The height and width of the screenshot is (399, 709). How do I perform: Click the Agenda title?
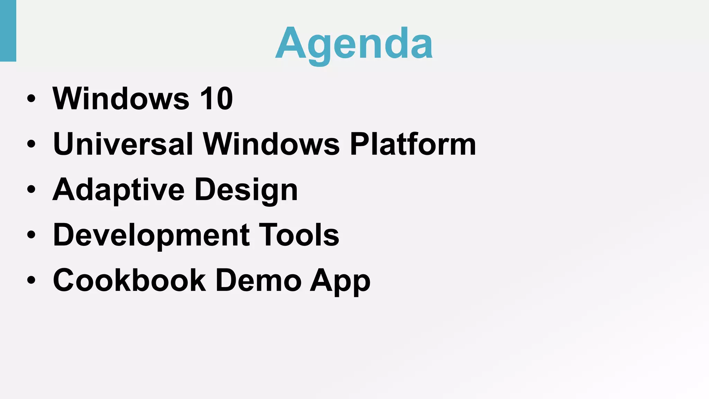tap(354, 44)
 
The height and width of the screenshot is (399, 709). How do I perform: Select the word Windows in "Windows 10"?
tap(121, 99)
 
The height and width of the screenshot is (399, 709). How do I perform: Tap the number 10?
tap(216, 99)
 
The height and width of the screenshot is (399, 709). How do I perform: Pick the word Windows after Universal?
tap(271, 144)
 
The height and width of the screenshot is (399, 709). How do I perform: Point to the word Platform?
tap(413, 144)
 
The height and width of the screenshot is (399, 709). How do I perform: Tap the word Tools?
tap(299, 235)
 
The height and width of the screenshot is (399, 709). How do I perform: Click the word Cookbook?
tap(129, 280)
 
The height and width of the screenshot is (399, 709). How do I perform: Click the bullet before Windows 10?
tap(31, 99)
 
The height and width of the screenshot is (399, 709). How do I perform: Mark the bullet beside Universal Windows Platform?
tap(31, 144)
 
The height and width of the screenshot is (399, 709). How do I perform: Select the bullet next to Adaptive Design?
tap(31, 189)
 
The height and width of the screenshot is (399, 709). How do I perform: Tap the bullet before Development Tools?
tap(31, 235)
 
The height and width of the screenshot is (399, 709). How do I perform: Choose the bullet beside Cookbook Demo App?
tap(31, 280)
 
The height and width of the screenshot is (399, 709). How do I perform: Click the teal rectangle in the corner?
tap(8, 30)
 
